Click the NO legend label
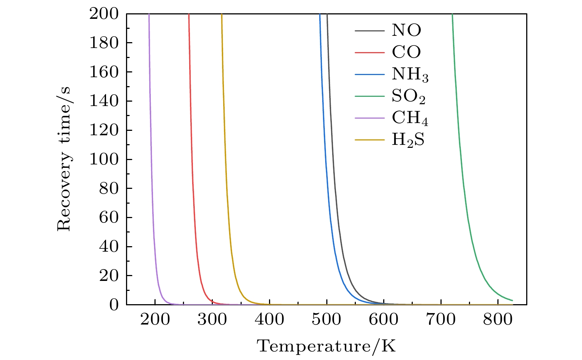tap(406, 30)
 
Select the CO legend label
tap(406, 52)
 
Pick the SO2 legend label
tap(408, 97)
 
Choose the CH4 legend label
tap(410, 119)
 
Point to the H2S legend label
tap(408, 140)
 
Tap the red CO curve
tap(193, 185)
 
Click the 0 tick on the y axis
tap(114, 305)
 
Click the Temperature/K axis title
tap(326, 346)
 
